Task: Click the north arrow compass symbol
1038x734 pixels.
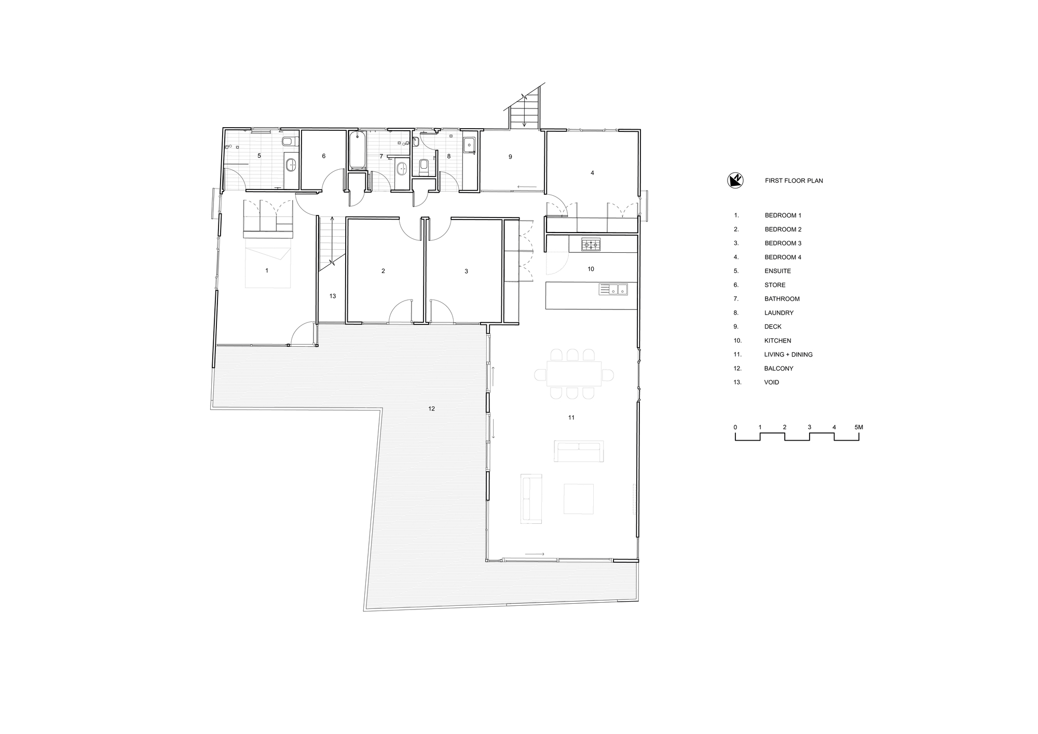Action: pyautogui.click(x=735, y=180)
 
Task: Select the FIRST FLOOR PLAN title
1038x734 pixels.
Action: pyautogui.click(x=794, y=181)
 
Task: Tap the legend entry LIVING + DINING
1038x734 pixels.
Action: pyautogui.click(x=788, y=355)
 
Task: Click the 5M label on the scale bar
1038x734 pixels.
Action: pyautogui.click(x=858, y=427)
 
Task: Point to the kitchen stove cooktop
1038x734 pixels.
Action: pyautogui.click(x=591, y=244)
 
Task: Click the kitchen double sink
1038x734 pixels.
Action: pyautogui.click(x=613, y=289)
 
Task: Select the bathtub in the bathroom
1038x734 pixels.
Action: pyautogui.click(x=357, y=151)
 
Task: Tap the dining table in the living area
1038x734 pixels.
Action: pyautogui.click(x=573, y=374)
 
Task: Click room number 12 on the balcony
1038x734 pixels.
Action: pyautogui.click(x=431, y=409)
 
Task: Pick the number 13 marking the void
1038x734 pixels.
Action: pyautogui.click(x=333, y=296)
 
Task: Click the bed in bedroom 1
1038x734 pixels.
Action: pyautogui.click(x=267, y=267)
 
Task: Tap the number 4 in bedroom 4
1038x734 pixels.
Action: pyautogui.click(x=592, y=173)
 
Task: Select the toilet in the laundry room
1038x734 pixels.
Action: pyautogui.click(x=424, y=166)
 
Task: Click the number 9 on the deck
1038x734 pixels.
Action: pyautogui.click(x=510, y=156)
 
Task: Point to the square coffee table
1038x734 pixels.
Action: pyautogui.click(x=579, y=499)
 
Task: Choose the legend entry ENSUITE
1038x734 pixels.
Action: pyautogui.click(x=777, y=271)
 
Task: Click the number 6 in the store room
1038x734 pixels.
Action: pyautogui.click(x=324, y=156)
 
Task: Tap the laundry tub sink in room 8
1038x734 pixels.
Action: pyautogui.click(x=469, y=144)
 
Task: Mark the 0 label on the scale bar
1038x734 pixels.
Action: pyautogui.click(x=735, y=427)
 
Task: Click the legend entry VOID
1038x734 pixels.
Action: pyautogui.click(x=771, y=382)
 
